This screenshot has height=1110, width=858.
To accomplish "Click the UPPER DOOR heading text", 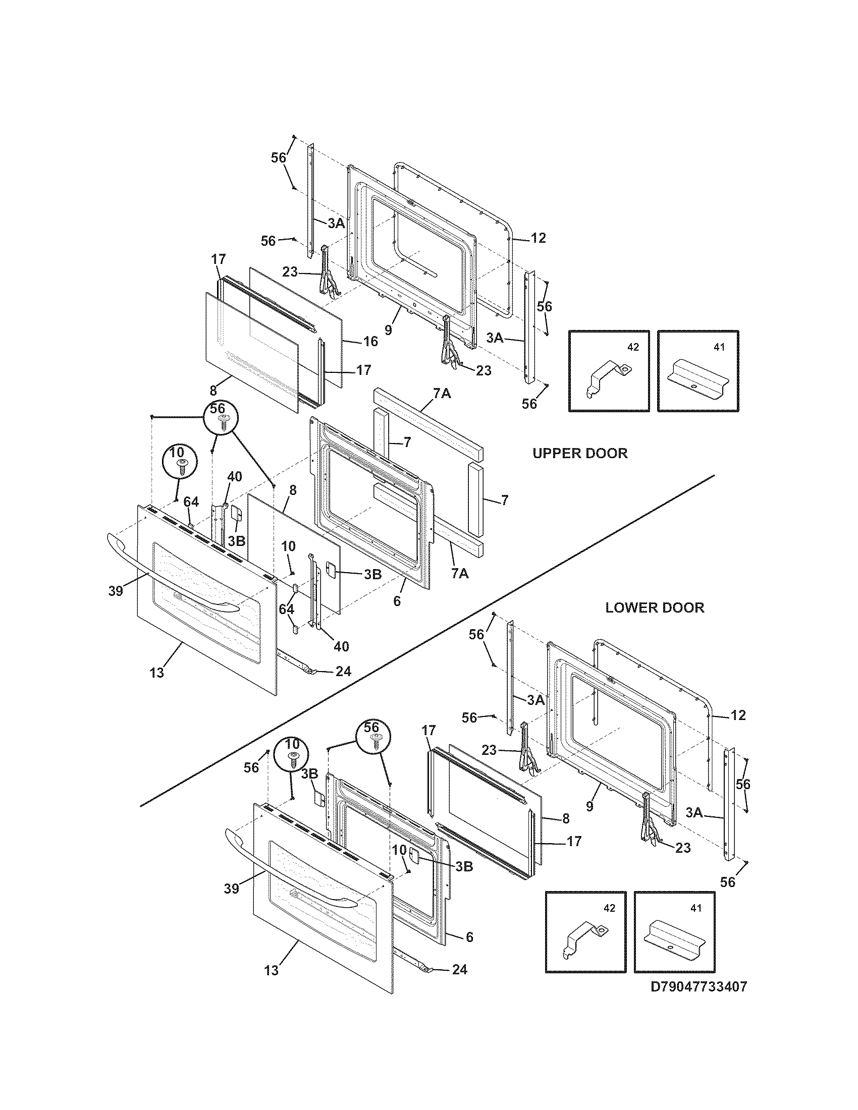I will coord(579,454).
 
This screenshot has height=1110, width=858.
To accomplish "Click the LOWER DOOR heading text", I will coord(654,607).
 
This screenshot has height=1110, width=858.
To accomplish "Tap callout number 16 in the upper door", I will coord(370,342).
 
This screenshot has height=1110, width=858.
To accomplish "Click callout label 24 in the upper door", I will coord(343,672).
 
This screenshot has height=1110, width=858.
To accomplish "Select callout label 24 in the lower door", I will coord(459,970).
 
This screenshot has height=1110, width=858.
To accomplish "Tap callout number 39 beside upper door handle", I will coord(116,591).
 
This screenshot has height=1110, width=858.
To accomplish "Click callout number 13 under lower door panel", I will coord(272,971).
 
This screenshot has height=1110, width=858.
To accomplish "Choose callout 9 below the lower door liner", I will coord(589,807).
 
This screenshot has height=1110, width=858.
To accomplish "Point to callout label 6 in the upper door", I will coord(397,601).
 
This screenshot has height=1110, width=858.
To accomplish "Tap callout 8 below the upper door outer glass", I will coord(213,391).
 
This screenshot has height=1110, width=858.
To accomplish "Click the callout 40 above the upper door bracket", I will coord(234,477).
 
